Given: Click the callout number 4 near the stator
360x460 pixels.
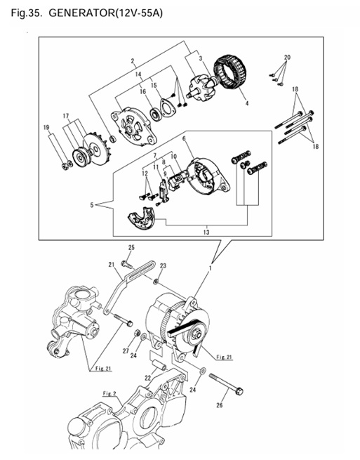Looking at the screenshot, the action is coord(247,103).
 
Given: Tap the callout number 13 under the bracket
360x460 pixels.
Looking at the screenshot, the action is coord(206,232).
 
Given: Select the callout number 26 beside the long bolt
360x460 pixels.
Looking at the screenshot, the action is coord(220,405).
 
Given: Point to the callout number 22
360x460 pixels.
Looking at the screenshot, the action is coord(147,378).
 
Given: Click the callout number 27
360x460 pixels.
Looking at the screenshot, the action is coord(126,351).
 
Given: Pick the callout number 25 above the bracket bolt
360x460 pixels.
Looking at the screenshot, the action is coord(131,248).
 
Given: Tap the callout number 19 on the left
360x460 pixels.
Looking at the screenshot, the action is coord(46,127).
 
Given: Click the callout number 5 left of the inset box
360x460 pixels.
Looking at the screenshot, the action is coord(92,205).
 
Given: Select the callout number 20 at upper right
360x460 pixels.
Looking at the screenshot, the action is coord(287,57).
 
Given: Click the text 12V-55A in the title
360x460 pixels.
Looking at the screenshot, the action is coord(139,13).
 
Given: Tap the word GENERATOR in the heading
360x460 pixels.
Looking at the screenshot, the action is coord(81,13).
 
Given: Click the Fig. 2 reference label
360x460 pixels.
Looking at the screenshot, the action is coord(110,394).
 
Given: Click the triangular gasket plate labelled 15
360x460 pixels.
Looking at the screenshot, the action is coord(168,108).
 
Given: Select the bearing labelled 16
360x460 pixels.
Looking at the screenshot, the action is coord(155,114).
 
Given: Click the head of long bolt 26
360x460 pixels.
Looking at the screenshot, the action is coord(239,391).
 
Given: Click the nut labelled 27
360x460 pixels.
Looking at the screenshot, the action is coord(136,334).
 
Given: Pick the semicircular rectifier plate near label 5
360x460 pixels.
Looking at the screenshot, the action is coord(142,218).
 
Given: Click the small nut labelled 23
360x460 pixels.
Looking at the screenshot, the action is coord(156,282).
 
